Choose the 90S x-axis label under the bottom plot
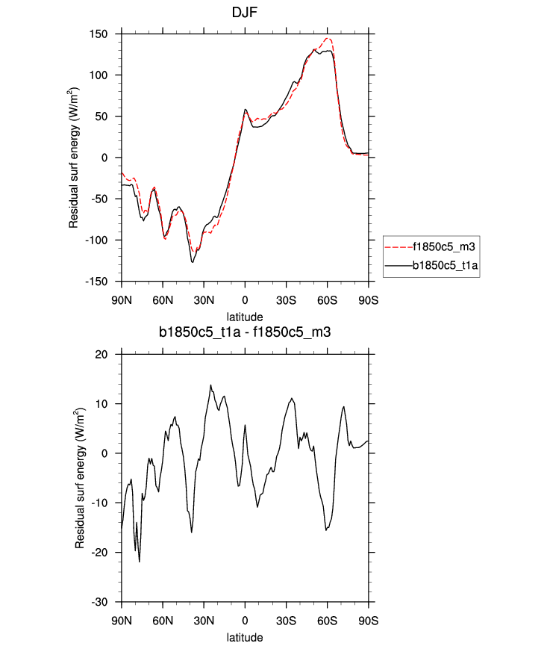tap(368, 621)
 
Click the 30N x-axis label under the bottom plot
tap(204, 621)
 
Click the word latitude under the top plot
tap(245, 317)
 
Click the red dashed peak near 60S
tap(328, 39)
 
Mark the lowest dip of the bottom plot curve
tap(140, 562)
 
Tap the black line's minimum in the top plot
tap(193, 262)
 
